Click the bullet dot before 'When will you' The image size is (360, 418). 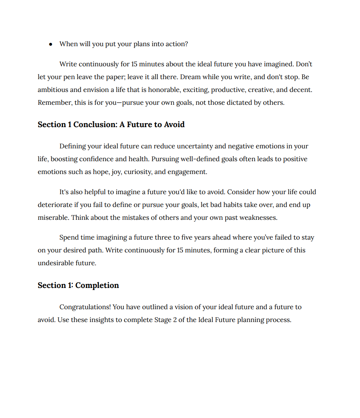(x=51, y=44)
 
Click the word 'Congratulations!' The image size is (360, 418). (x=85, y=307)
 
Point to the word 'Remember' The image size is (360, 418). (x=54, y=103)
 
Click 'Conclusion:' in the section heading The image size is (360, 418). (x=95, y=125)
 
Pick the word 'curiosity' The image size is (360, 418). (x=137, y=172)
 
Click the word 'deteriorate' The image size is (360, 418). (x=55, y=205)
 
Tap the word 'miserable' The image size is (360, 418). (x=53, y=218)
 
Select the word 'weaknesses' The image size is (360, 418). (x=259, y=218)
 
